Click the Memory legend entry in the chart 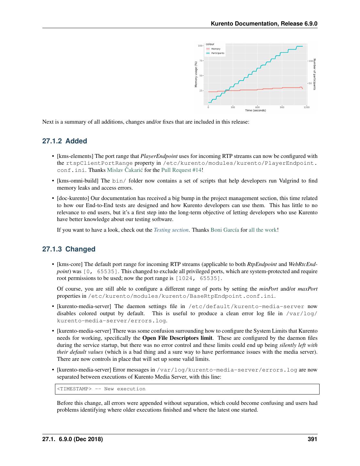coord(216,49)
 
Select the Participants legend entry coord(217,53)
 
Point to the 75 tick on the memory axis coord(201,61)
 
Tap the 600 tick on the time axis coord(257,107)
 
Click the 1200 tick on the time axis coord(306,107)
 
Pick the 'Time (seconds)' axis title coord(256,111)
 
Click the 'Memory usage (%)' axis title coord(196,74)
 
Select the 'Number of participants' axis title coord(314,74)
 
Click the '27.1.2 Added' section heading coord(65,141)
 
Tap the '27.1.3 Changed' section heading coord(69,249)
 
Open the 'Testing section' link coord(171,230)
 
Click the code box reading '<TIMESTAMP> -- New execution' coord(187,389)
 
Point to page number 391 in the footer coord(312,439)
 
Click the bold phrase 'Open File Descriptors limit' coord(177,338)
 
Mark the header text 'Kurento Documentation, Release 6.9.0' coord(264,24)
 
